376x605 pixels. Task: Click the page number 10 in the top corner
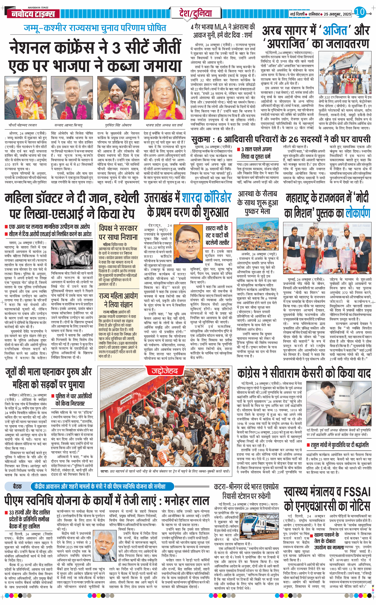coord(360,12)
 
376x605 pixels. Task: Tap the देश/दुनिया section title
coord(195,13)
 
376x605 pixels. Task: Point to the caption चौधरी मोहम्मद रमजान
coord(23,125)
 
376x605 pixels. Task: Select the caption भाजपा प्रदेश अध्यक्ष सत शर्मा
coord(164,125)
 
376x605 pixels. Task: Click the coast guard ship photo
coord(345,73)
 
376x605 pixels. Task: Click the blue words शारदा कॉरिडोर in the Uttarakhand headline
coord(207,197)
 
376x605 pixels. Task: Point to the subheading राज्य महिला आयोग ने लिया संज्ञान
coord(118,300)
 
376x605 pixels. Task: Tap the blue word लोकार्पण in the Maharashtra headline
coord(358,213)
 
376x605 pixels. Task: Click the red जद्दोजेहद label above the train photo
coord(165,371)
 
